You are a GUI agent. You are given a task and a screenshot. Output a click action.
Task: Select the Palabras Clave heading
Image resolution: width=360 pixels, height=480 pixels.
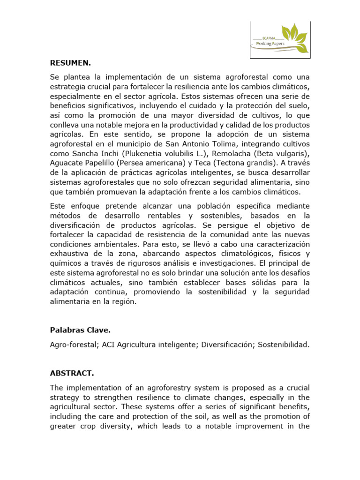pos(80,330)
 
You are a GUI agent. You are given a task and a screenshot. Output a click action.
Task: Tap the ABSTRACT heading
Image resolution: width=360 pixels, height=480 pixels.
pos(72,373)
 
